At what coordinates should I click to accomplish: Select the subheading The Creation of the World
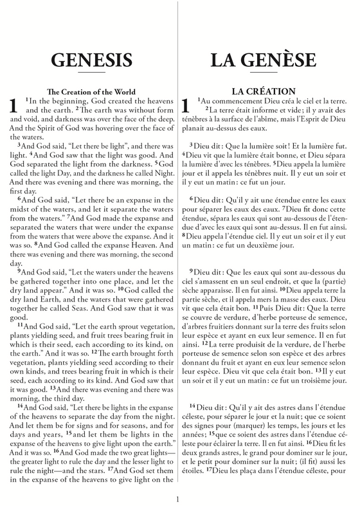(91, 91)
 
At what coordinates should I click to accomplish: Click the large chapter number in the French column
(187, 107)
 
